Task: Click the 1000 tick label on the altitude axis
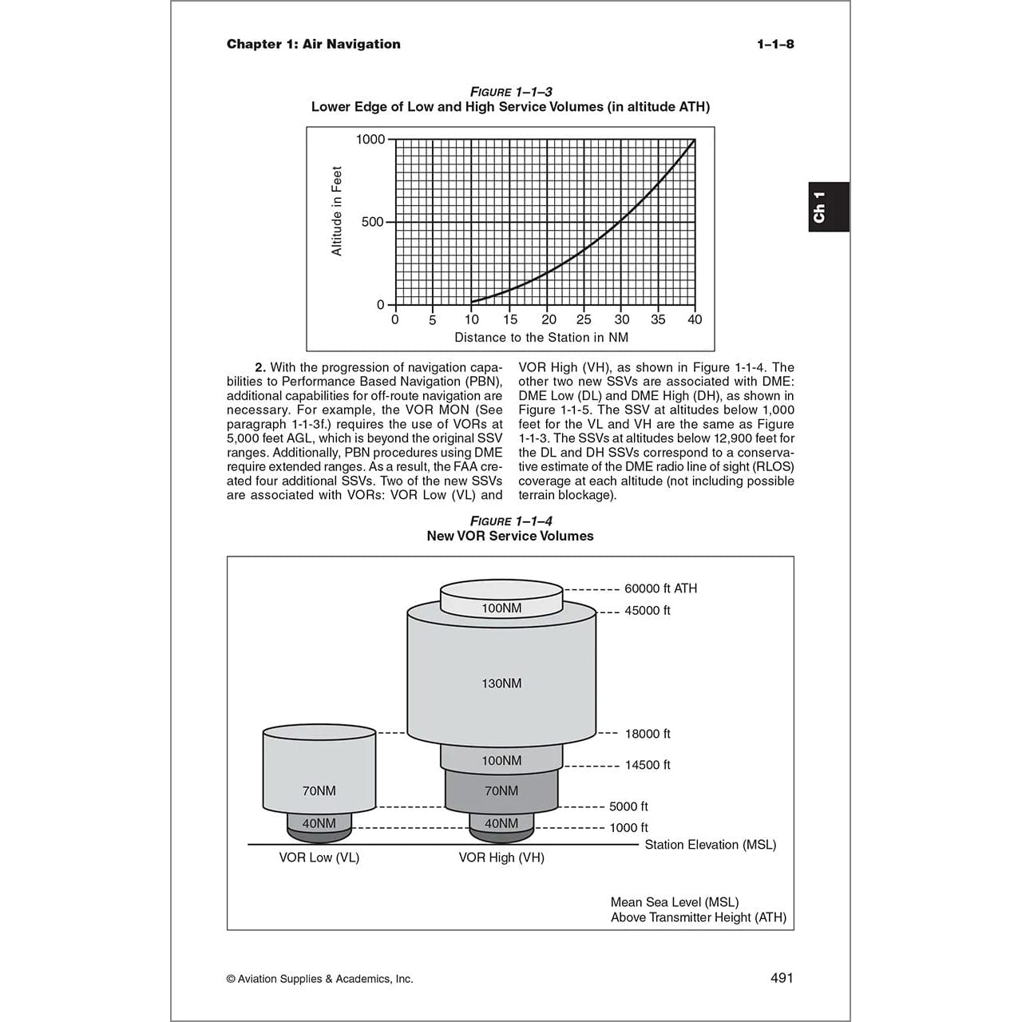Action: click(370, 140)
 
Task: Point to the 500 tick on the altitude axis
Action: click(373, 222)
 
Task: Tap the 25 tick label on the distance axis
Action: click(584, 319)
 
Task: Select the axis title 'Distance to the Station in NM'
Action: click(541, 338)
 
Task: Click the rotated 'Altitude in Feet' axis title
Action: click(337, 212)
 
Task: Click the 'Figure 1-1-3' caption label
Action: click(511, 92)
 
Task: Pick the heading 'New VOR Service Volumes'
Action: click(510, 537)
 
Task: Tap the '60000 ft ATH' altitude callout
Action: click(660, 588)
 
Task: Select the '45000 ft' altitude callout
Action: click(648, 611)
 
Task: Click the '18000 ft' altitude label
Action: click(648, 734)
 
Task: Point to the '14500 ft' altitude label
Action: click(648, 765)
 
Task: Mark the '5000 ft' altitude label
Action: click(628, 807)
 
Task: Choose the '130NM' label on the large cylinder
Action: click(501, 683)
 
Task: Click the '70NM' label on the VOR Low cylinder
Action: click(319, 791)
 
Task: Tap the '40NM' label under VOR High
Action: click(501, 823)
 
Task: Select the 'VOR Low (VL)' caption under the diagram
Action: click(319, 858)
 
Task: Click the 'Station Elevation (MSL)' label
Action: click(711, 845)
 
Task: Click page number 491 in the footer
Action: click(782, 978)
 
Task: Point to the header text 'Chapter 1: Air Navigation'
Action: click(314, 44)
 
